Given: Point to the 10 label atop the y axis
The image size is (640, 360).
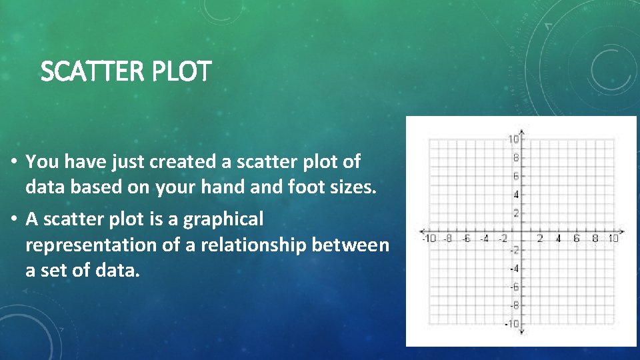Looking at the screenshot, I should (x=514, y=139).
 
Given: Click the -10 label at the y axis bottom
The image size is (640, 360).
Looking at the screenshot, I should (x=512, y=324).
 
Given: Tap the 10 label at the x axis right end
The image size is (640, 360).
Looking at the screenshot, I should (x=613, y=239).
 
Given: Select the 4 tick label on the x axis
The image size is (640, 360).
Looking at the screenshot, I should (x=558, y=239).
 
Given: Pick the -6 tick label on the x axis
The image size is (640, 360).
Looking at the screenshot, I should (x=467, y=239).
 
